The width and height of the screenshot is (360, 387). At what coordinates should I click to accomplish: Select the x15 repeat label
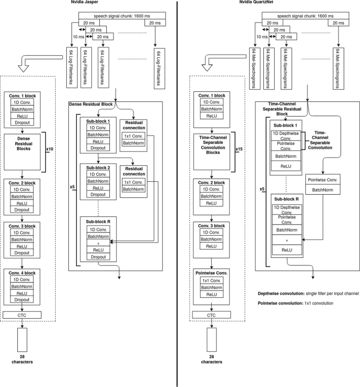pyautogui.click(x=239, y=150)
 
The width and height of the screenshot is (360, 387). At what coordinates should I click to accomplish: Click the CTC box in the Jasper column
pyautogui.click(x=23, y=315)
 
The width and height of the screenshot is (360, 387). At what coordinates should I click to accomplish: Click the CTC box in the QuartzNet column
pyautogui.click(x=211, y=315)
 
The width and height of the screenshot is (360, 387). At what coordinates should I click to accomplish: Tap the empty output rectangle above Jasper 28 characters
pyautogui.click(x=23, y=342)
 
